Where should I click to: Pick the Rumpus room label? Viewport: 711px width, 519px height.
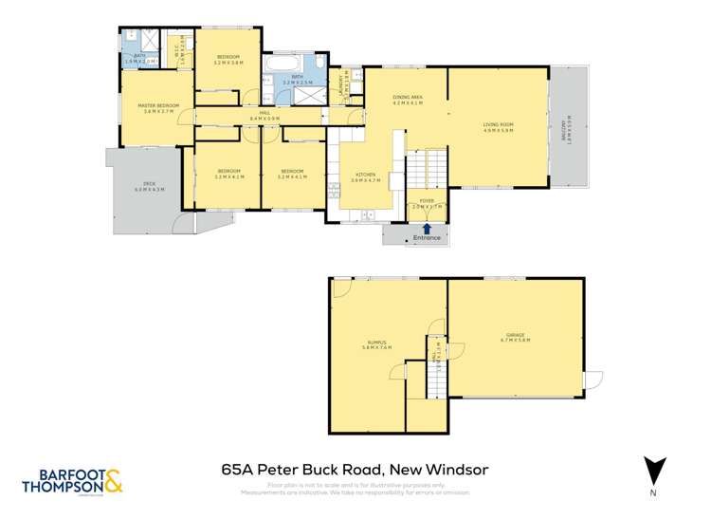376,344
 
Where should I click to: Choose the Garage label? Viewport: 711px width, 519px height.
516,336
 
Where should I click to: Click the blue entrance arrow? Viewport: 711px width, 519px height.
427,228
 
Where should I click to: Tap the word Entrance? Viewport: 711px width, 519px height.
427,237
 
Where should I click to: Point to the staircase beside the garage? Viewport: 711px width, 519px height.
437,380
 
